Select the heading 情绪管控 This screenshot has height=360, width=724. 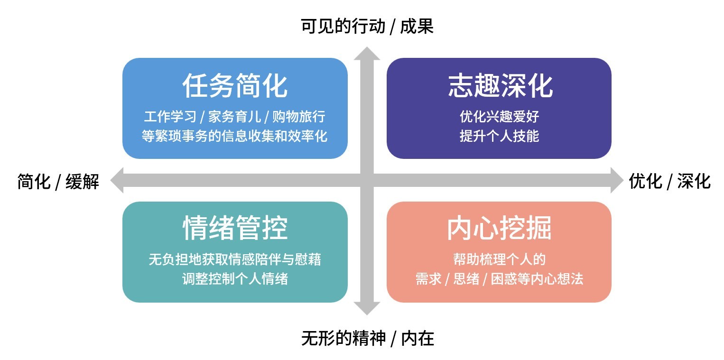[x=235, y=229]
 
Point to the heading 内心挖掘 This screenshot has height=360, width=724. [x=499, y=229]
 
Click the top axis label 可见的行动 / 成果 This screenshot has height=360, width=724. [x=367, y=27]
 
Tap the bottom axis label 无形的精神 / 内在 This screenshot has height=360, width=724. [x=367, y=339]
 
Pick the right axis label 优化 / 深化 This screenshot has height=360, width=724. [x=669, y=181]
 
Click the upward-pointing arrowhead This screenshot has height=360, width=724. [x=367, y=54]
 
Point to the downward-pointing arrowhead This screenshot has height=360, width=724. [x=367, y=308]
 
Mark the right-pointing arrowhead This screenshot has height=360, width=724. [x=616, y=180]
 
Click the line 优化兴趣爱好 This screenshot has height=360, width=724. [x=499, y=116]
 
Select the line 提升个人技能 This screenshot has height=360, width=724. [x=499, y=136]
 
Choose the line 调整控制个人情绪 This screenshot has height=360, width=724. [x=235, y=279]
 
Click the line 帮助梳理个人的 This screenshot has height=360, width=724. [x=499, y=259]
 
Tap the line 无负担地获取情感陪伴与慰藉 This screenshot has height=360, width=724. [x=235, y=259]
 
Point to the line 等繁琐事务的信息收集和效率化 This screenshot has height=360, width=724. [x=235, y=136]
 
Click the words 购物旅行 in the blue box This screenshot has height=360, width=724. [x=299, y=117]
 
